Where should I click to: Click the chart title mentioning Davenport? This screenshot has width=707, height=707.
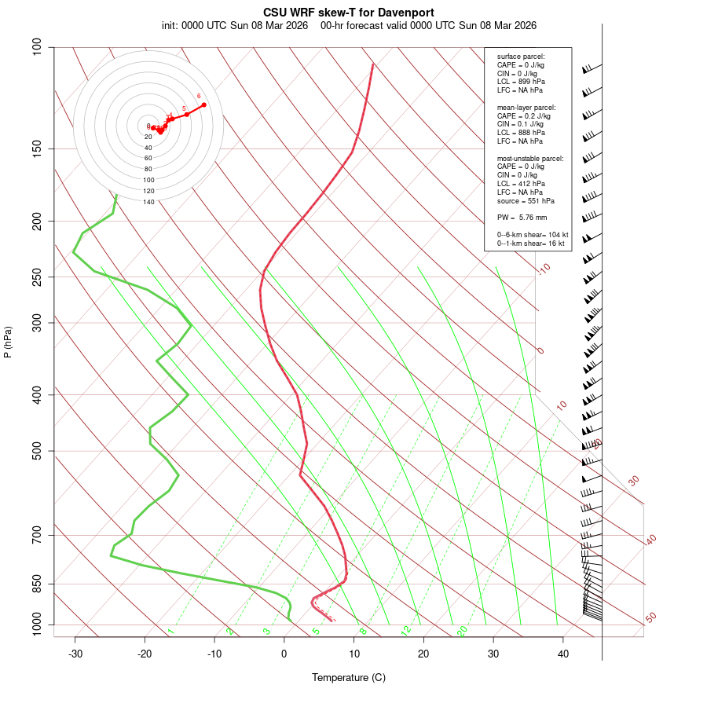(x=349, y=13)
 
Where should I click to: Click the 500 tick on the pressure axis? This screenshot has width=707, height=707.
(x=37, y=451)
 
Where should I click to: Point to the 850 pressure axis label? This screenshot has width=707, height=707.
(x=37, y=584)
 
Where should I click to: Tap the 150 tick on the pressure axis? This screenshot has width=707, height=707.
(x=37, y=148)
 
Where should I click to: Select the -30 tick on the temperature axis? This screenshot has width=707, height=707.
(x=75, y=654)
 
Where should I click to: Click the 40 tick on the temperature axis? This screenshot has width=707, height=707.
(x=563, y=654)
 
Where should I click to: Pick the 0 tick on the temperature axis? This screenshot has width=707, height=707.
(x=284, y=654)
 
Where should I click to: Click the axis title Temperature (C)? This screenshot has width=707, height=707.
(x=349, y=677)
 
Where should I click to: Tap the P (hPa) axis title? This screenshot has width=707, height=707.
(x=8, y=342)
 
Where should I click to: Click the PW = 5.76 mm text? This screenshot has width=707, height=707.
(x=522, y=217)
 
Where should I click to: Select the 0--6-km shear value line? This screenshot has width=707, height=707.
(x=532, y=235)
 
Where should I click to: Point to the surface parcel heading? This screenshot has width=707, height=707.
(x=521, y=57)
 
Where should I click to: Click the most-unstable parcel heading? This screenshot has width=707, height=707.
(x=530, y=159)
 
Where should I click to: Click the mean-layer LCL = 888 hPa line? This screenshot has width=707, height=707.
(x=521, y=133)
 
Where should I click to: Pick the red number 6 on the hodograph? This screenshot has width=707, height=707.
(x=199, y=96)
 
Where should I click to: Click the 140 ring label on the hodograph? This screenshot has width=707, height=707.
(x=148, y=202)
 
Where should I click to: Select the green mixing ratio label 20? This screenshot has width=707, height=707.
(x=462, y=630)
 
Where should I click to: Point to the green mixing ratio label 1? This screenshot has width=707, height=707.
(x=170, y=631)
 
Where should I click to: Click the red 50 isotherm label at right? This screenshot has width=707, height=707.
(x=650, y=617)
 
